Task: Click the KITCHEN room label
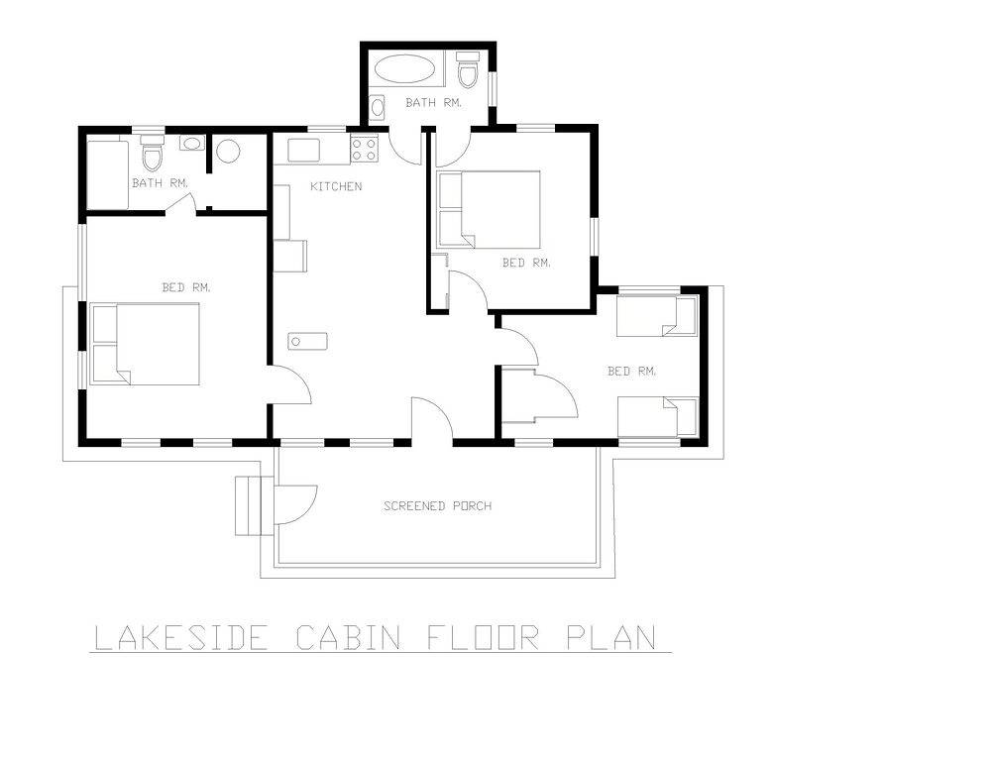pos(336,186)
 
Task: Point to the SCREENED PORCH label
pos(438,506)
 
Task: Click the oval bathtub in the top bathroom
pos(405,69)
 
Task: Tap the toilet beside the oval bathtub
pos(469,69)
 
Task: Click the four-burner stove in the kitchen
pos(364,149)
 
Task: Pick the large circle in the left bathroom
pos(227,152)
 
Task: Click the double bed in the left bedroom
pos(146,344)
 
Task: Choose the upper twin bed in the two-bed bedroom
pos(657,315)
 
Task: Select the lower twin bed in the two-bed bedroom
pos(657,416)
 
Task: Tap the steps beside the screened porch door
pos(248,506)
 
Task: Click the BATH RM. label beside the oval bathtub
pos(434,103)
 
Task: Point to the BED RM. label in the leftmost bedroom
pos(186,287)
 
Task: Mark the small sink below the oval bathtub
pos(377,107)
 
